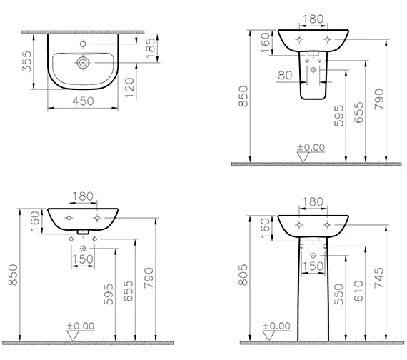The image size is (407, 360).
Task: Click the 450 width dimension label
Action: pos(83,101)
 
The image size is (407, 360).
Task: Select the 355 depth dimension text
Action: pos(27,61)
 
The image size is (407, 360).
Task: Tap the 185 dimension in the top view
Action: pos(150,48)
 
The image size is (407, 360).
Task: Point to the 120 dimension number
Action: pos(130,88)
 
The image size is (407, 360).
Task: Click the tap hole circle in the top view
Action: pos(83,44)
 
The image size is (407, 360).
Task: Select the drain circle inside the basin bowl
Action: pos(83,63)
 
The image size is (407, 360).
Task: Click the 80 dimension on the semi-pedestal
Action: pos(285,75)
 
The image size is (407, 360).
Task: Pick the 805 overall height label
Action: pos(243,275)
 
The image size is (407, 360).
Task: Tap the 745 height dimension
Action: pos(379,278)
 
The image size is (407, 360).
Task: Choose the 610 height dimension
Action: pos(358,291)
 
